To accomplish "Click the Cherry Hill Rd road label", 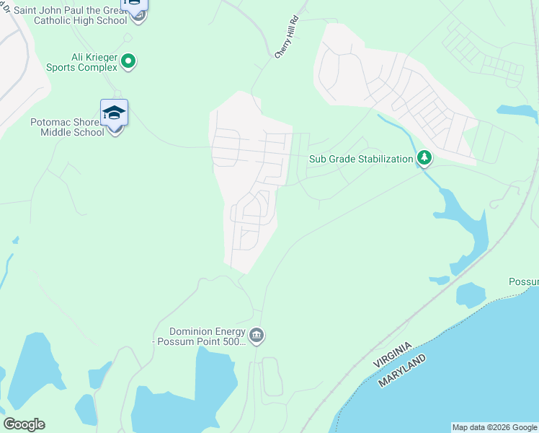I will click(x=286, y=38).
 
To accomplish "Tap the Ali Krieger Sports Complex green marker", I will click(x=128, y=61).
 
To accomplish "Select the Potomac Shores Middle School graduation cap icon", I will click(x=114, y=113).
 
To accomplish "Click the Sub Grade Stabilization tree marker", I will click(x=424, y=158).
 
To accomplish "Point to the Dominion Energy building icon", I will click(x=257, y=335).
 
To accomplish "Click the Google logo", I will click(x=24, y=424).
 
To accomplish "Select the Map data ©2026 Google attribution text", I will click(x=494, y=427).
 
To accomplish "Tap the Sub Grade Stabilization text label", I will click(x=361, y=159).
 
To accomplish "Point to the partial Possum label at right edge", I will click(x=523, y=281).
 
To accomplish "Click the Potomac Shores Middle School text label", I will click(x=67, y=127).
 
